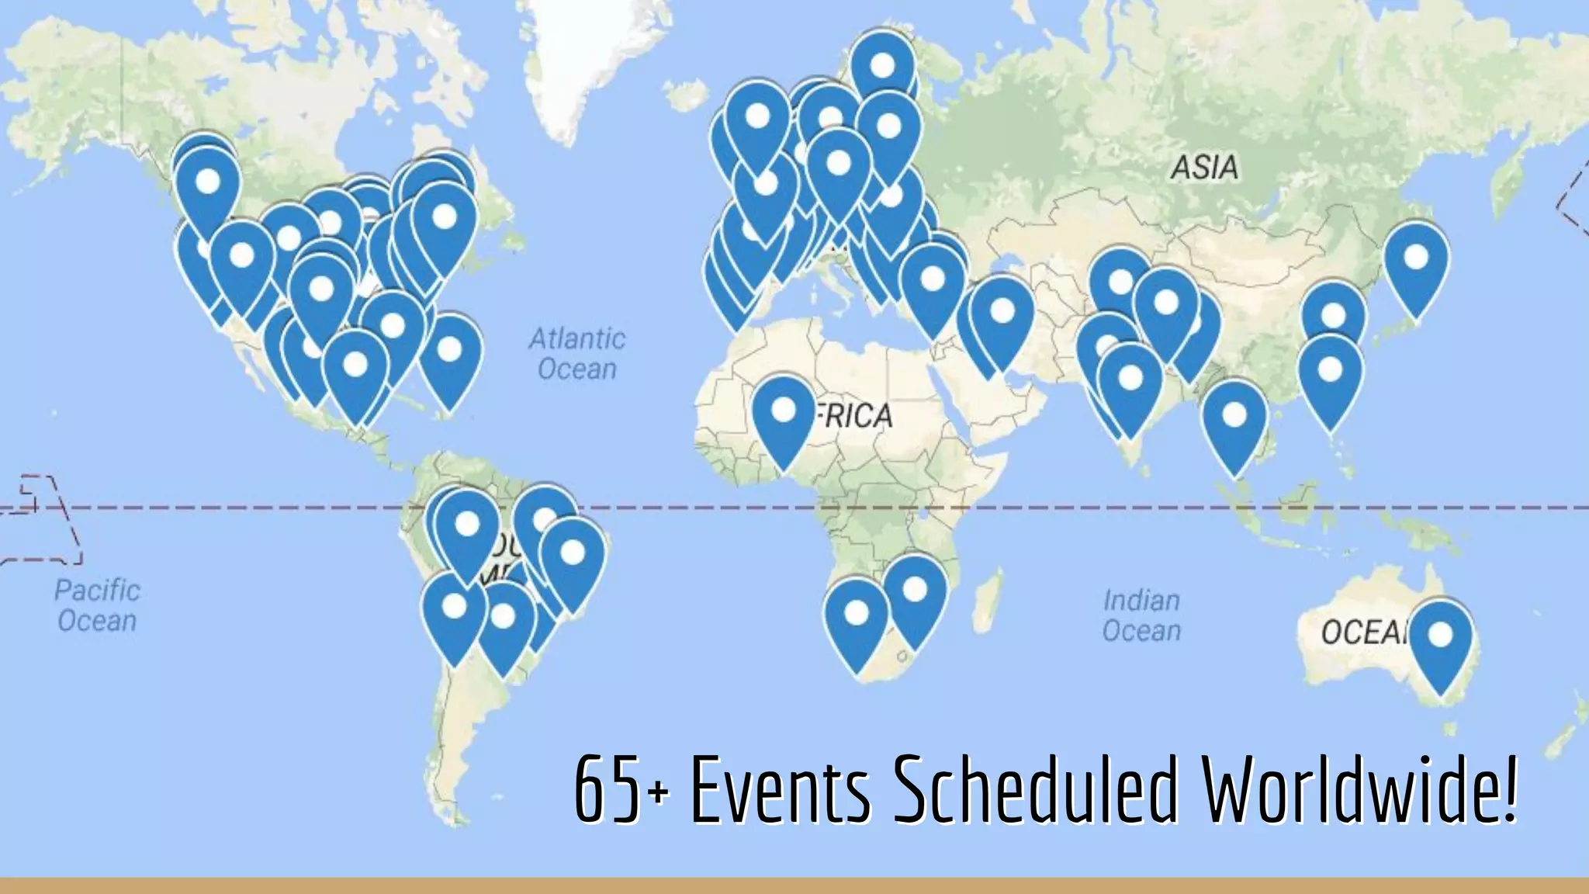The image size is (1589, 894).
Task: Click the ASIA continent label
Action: tap(1204, 168)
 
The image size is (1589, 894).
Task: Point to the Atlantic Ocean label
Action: tap(577, 354)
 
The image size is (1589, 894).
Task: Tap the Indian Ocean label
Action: tap(1141, 615)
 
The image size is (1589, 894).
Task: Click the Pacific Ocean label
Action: tap(97, 605)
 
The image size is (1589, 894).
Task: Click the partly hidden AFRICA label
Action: tap(857, 416)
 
